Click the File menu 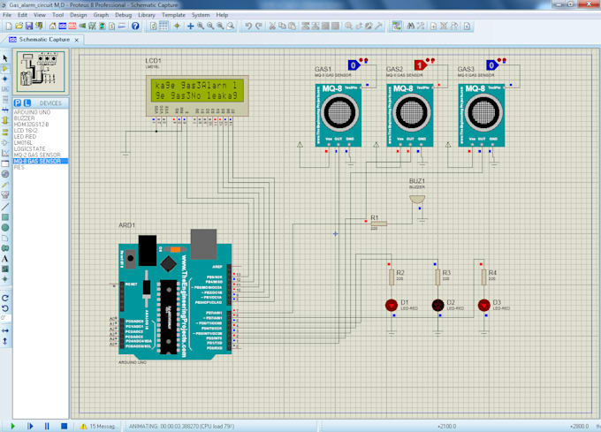(x=7, y=15)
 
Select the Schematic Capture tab (x=44, y=40)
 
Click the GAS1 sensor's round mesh (x=338, y=112)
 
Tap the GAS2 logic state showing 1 (x=420, y=65)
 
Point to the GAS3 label (x=466, y=69)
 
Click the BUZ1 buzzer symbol (x=416, y=200)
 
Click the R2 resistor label (x=400, y=273)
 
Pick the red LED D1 (x=391, y=305)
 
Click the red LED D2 (x=437, y=305)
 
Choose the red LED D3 (x=483, y=305)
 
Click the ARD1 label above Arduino (x=126, y=225)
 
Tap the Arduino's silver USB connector (x=204, y=243)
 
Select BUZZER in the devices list (x=25, y=117)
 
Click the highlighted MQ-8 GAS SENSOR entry (x=38, y=161)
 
